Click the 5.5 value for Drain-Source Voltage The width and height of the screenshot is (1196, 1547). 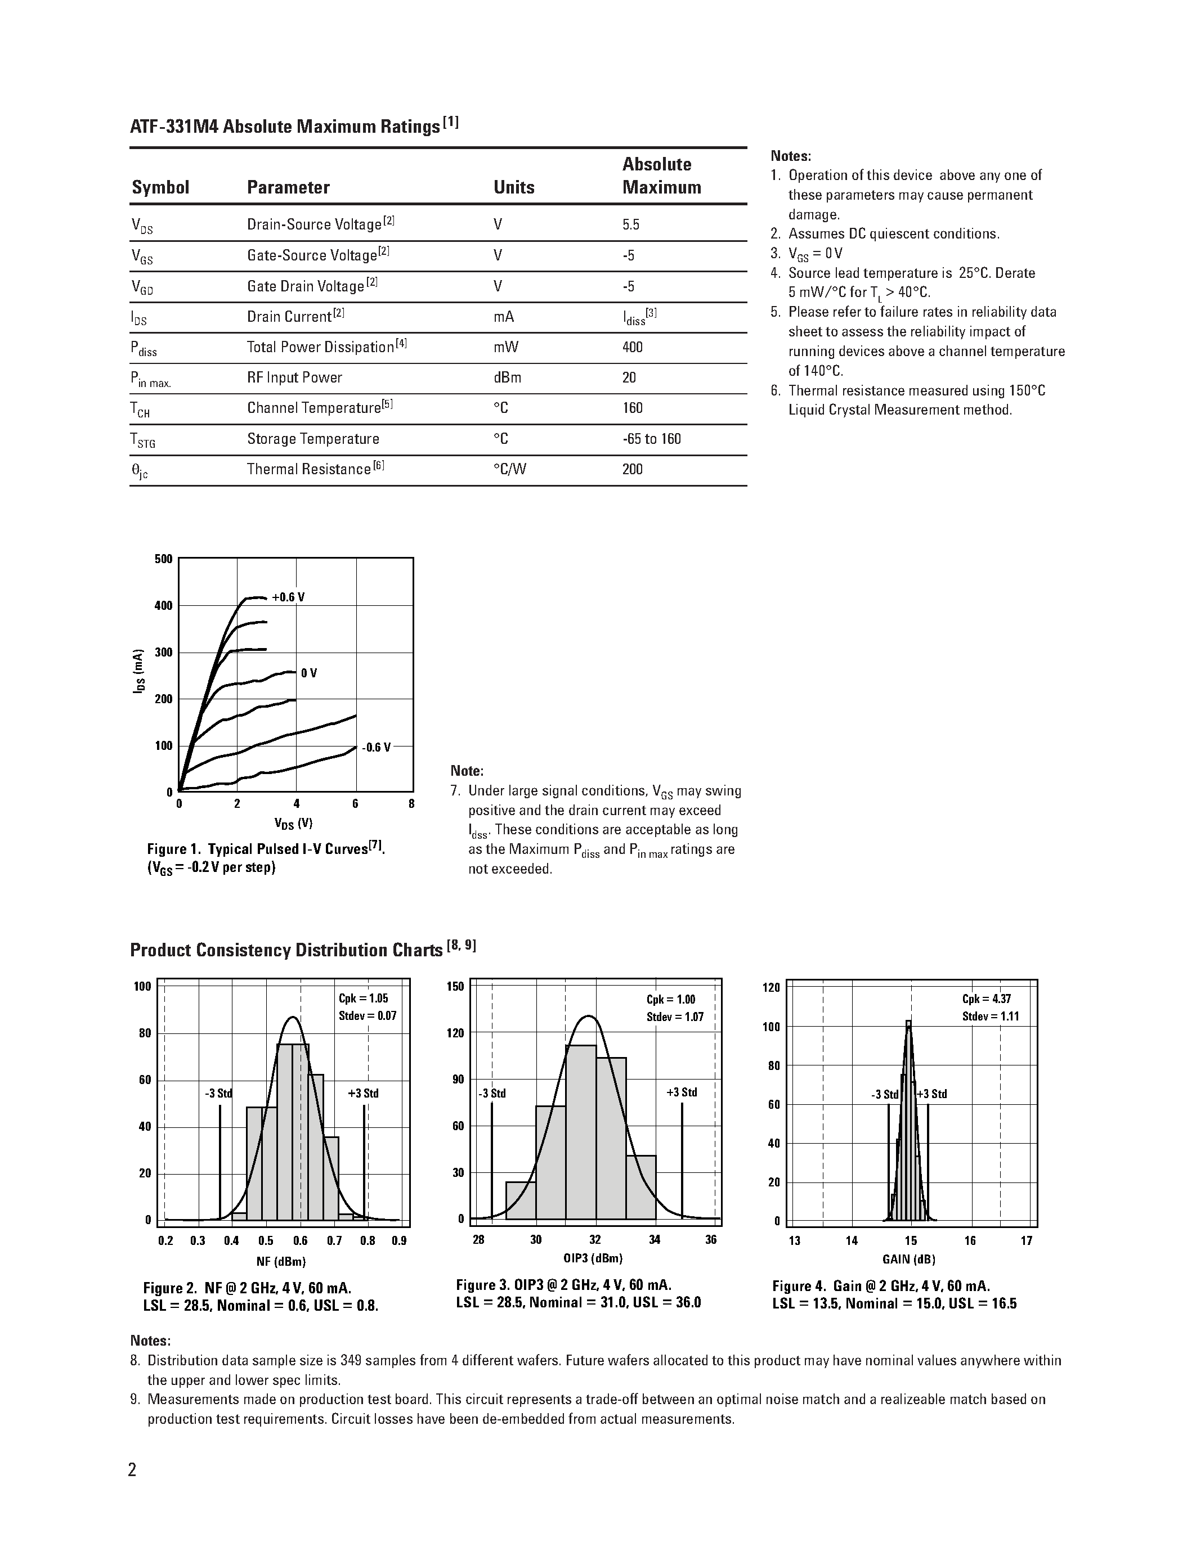click(x=630, y=224)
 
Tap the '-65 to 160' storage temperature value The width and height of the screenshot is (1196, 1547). click(x=651, y=439)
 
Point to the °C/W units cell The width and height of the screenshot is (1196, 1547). click(x=509, y=470)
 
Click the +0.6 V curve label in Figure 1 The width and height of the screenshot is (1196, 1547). click(x=288, y=597)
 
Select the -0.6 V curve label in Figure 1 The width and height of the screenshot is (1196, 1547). click(x=376, y=747)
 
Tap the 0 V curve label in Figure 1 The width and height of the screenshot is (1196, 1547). click(x=309, y=673)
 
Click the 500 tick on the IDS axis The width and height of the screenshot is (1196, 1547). click(x=163, y=559)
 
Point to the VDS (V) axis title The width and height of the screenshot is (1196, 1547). click(x=293, y=823)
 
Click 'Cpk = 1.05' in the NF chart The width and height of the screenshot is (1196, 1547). click(x=364, y=998)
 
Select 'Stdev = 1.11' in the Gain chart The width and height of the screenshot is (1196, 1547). click(x=991, y=1017)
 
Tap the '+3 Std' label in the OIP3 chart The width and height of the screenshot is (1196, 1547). click(x=682, y=1092)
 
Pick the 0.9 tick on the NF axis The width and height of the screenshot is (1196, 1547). click(x=399, y=1240)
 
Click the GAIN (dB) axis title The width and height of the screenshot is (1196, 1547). click(x=909, y=1260)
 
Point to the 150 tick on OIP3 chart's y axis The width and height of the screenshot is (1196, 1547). click(x=455, y=987)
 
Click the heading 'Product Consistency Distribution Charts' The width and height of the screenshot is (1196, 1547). click(x=286, y=950)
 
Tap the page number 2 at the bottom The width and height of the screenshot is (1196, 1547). click(x=132, y=1470)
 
